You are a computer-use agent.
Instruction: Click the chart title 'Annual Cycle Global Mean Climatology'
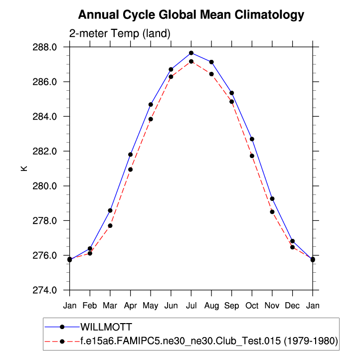pyautogui.click(x=191, y=15)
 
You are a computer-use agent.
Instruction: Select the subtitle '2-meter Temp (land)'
pyautogui.click(x=120, y=34)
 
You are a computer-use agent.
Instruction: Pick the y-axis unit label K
pyautogui.click(x=24, y=169)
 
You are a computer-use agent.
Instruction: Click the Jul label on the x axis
pyautogui.click(x=191, y=305)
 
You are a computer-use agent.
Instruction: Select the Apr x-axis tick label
pyautogui.click(x=130, y=305)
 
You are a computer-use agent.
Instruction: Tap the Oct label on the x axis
pyautogui.click(x=252, y=305)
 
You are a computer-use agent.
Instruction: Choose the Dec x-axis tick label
pyautogui.click(x=292, y=305)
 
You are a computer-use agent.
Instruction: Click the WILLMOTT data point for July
pyautogui.click(x=191, y=53)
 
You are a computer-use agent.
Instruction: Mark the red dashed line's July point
pyautogui.click(x=191, y=61)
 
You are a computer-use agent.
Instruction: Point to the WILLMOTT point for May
pyautogui.click(x=151, y=105)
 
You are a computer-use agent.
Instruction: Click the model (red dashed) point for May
pyautogui.click(x=151, y=119)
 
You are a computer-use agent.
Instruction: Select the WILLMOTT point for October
pyautogui.click(x=252, y=139)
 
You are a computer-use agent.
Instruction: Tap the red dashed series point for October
pyautogui.click(x=252, y=156)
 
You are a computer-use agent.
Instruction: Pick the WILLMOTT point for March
pyautogui.click(x=110, y=210)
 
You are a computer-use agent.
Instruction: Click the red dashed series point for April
pyautogui.click(x=130, y=170)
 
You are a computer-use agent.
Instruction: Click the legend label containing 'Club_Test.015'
pyautogui.click(x=209, y=342)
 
